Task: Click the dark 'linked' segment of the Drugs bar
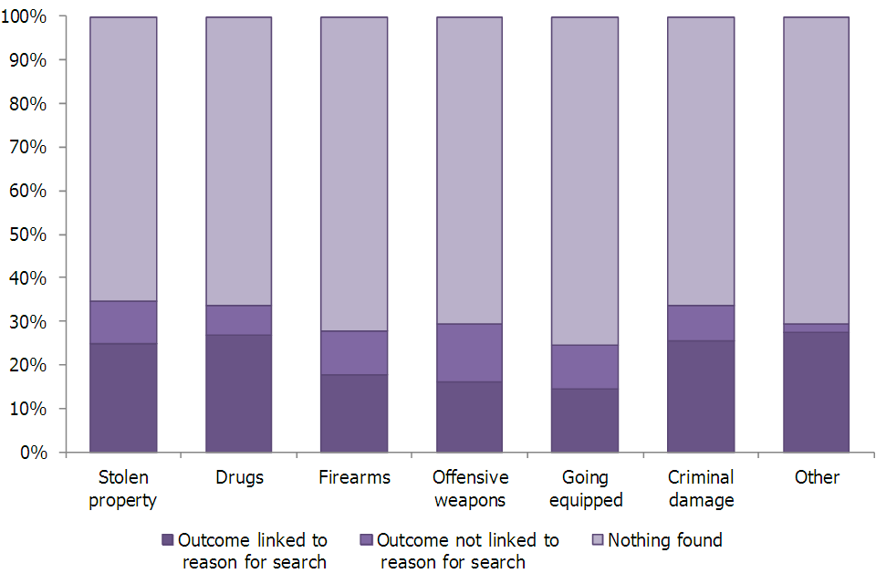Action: click(x=238, y=393)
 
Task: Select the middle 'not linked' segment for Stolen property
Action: click(x=123, y=322)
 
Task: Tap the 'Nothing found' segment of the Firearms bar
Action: click(x=354, y=173)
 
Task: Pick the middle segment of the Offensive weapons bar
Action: click(x=469, y=352)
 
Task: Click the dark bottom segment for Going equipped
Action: click(x=585, y=421)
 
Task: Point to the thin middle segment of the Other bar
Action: click(x=816, y=328)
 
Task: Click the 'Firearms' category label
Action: click(x=354, y=477)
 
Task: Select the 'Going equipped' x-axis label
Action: click(x=585, y=488)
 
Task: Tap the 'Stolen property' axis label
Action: click(x=123, y=488)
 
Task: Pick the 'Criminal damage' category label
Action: click(x=701, y=488)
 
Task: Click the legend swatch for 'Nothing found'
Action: click(x=597, y=540)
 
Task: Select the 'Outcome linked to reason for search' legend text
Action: click(x=253, y=550)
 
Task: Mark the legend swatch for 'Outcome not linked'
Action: click(x=366, y=540)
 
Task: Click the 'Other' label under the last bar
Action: click(x=816, y=477)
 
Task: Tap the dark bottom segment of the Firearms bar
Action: click(x=354, y=413)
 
